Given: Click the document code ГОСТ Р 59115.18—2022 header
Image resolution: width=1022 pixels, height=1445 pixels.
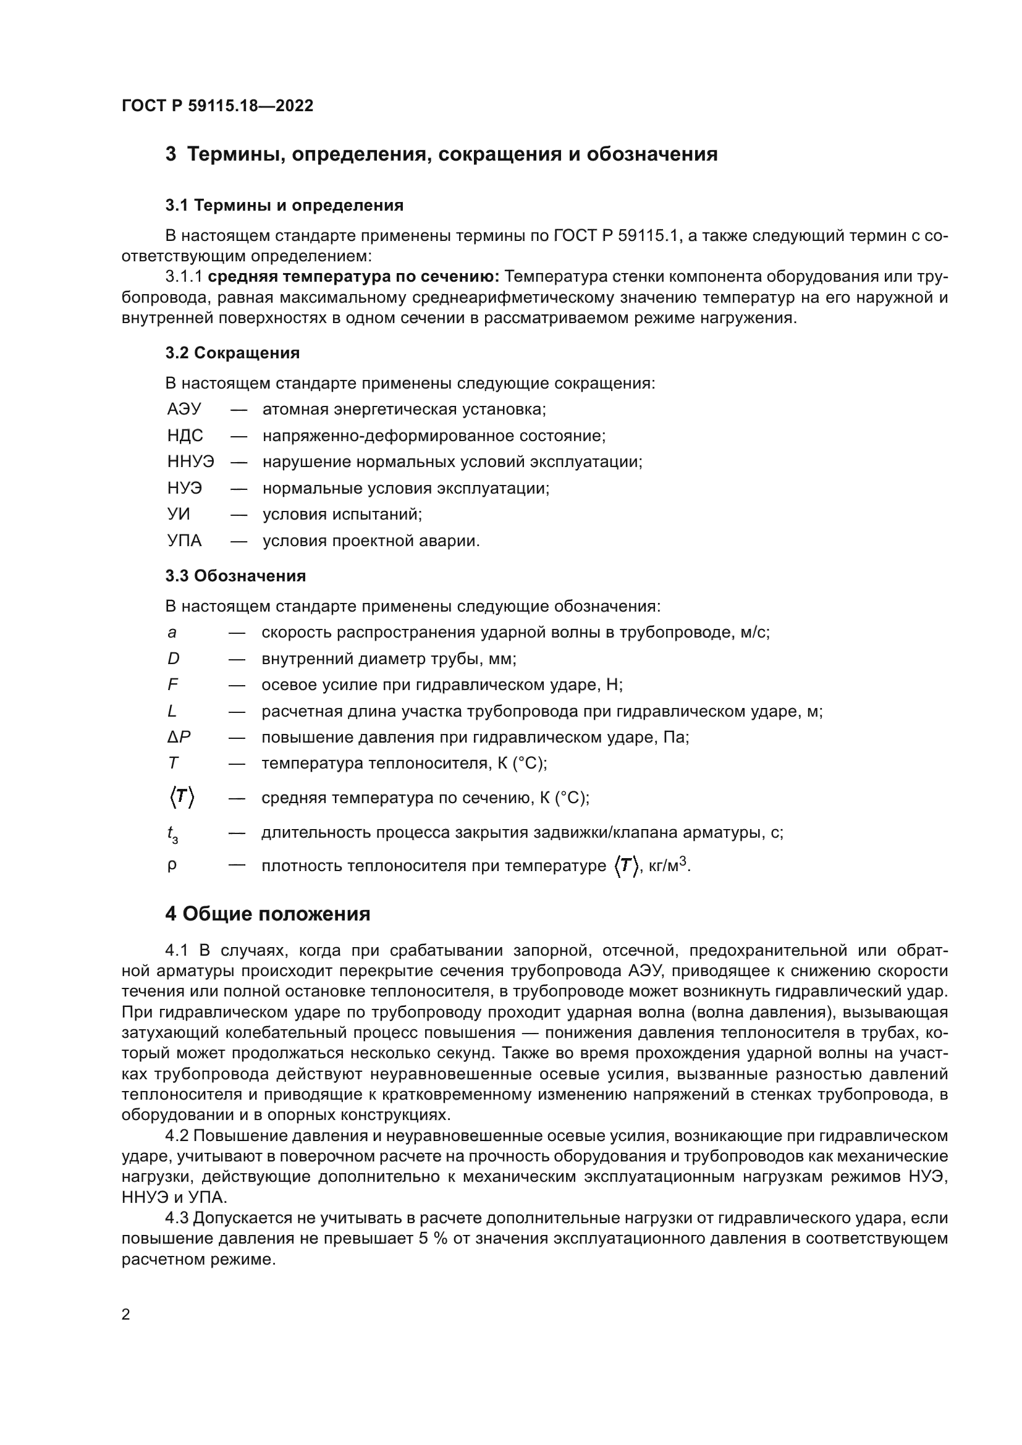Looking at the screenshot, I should (x=217, y=106).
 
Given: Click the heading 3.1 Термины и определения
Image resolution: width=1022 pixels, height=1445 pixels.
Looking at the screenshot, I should (x=284, y=205).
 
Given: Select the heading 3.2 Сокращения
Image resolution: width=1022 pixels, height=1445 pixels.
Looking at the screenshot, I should (x=232, y=353).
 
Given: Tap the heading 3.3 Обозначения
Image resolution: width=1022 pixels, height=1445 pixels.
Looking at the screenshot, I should (x=235, y=576).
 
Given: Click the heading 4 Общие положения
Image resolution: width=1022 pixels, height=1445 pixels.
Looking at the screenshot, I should (x=268, y=914).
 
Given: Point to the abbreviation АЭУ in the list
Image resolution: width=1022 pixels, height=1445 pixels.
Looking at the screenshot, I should (x=184, y=410).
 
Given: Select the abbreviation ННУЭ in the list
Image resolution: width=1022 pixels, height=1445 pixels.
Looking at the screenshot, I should (x=191, y=462).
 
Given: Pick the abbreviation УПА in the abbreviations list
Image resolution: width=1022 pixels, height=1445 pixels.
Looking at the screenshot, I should (x=184, y=541).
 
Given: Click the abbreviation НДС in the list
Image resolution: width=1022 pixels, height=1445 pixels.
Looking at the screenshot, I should (x=185, y=436).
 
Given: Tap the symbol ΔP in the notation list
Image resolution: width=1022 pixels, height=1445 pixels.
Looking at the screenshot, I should (x=179, y=737).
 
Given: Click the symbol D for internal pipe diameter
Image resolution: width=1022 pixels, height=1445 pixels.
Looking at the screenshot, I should (x=174, y=659).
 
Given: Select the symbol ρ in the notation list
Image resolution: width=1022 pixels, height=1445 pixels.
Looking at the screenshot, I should (x=172, y=866).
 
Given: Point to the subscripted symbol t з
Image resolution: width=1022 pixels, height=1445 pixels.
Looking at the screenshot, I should (x=172, y=835).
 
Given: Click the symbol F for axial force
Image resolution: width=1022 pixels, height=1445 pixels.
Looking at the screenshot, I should (x=173, y=685).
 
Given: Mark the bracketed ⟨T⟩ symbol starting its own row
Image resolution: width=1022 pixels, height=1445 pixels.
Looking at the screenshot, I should (x=181, y=798).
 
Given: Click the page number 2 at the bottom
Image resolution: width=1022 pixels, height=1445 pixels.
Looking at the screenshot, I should (x=126, y=1315).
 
